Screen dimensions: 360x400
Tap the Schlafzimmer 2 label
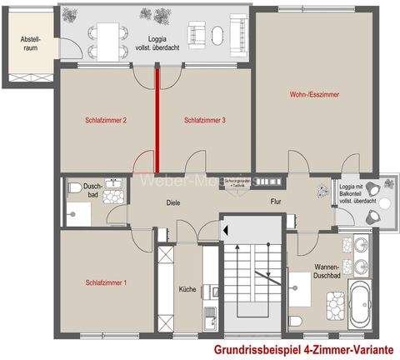[106, 120]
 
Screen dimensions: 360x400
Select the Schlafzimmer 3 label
[206, 120]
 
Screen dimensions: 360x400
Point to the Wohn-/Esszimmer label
[314, 93]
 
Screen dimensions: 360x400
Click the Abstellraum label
[22, 48]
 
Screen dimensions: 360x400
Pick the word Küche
[187, 289]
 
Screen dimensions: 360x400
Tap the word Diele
[173, 202]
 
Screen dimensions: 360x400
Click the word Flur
[276, 202]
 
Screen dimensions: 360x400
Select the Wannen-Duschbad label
[317, 272]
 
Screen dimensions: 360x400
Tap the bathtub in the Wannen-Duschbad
[360, 307]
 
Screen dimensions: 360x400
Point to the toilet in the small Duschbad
[75, 188]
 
